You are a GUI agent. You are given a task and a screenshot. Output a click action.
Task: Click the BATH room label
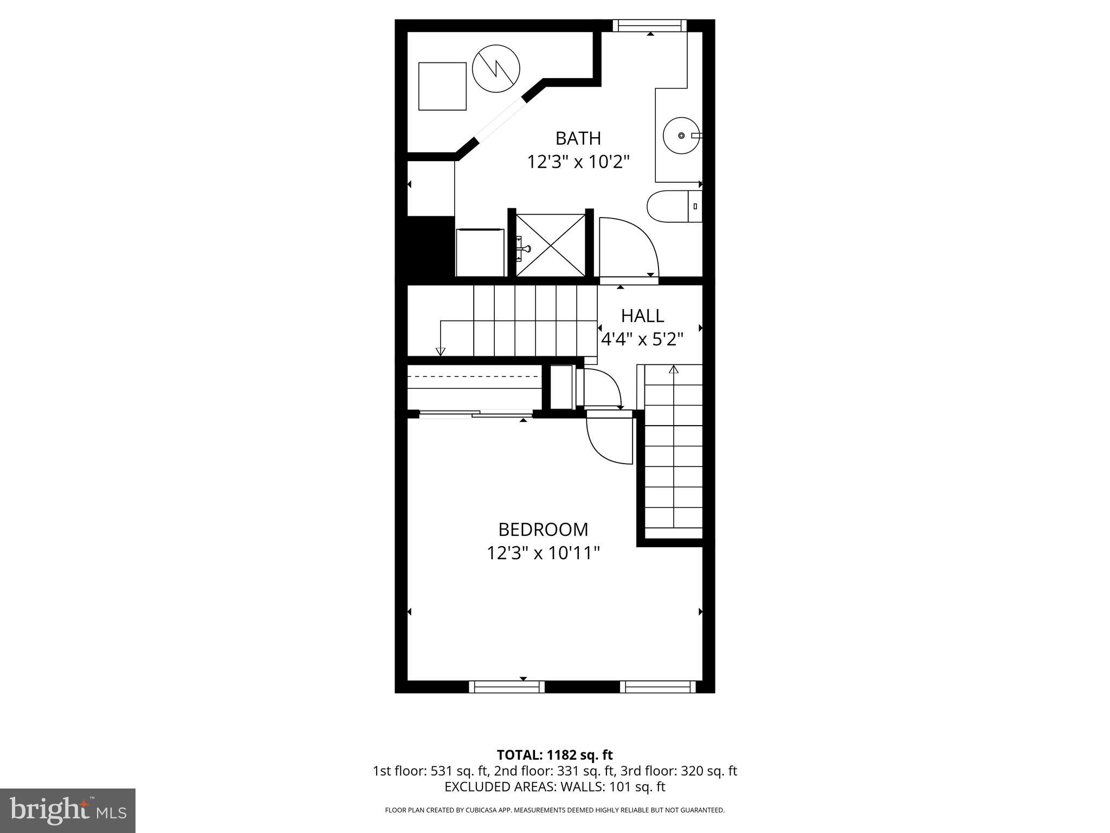578,138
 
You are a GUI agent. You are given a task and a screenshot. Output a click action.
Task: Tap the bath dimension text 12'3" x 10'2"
578,162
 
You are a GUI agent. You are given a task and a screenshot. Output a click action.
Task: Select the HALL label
642,316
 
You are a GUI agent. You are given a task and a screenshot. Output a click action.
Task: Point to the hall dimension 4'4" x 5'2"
642,339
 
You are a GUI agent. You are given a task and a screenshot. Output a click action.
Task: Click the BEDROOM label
543,529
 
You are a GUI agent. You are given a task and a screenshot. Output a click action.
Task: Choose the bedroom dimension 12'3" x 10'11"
543,553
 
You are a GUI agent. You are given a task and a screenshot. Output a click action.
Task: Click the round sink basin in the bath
682,136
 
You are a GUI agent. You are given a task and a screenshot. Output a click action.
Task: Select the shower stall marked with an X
550,245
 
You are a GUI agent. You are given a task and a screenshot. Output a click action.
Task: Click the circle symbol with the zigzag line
496,69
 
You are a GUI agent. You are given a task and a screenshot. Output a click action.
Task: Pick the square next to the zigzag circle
442,86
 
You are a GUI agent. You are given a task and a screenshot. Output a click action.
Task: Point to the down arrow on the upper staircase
441,351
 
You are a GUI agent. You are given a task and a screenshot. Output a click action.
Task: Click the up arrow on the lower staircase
674,370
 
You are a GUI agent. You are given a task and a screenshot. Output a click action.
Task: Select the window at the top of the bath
650,25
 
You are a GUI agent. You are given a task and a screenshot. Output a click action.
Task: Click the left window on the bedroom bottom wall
507,687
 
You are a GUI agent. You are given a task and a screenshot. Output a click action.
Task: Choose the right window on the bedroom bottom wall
658,687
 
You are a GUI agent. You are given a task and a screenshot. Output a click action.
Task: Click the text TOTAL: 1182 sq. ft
554,755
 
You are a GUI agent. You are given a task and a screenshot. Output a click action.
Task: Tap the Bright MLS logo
68,810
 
